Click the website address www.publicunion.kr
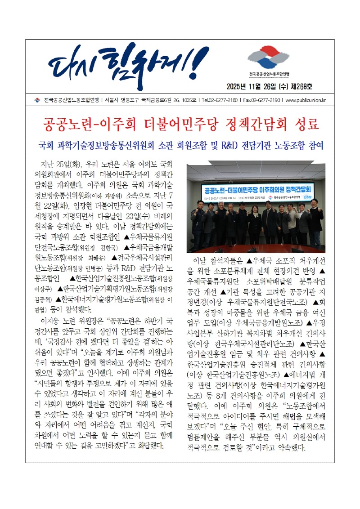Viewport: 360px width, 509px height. (x=306, y=100)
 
